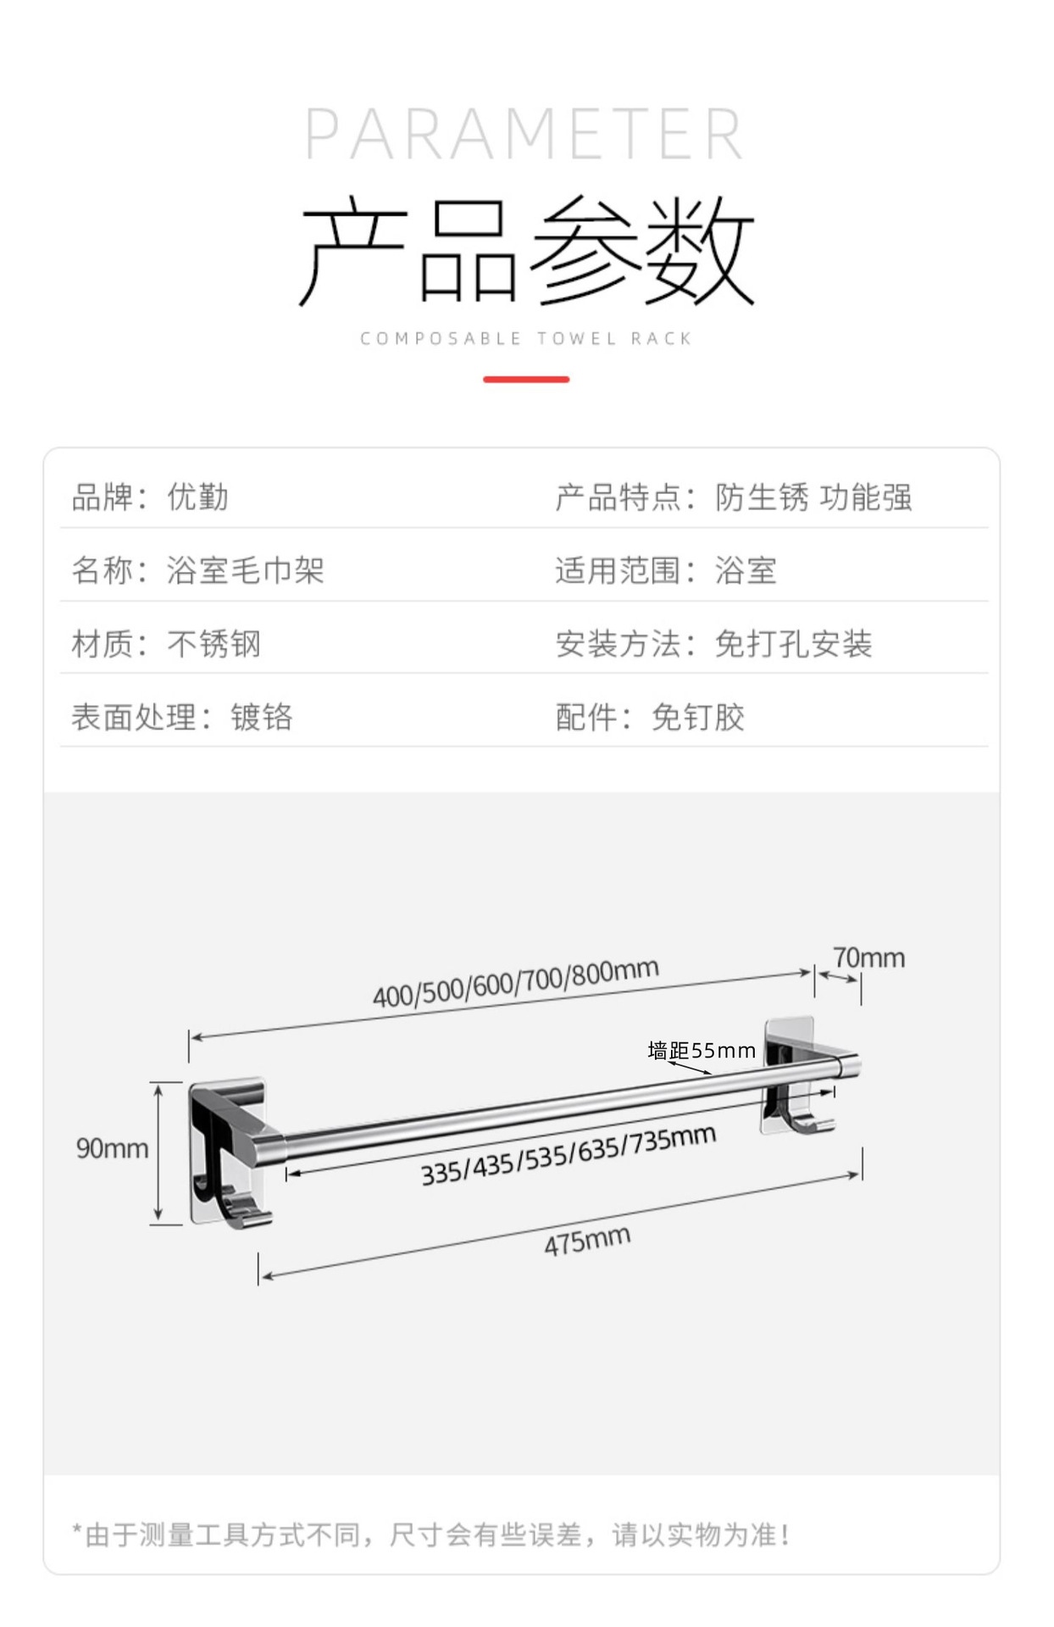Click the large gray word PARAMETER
(x=524, y=134)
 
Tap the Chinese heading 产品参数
(x=526, y=250)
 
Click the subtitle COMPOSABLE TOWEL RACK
(x=526, y=339)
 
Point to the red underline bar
(x=526, y=380)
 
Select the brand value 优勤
(x=198, y=497)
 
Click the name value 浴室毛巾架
(x=246, y=570)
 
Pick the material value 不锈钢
(x=214, y=644)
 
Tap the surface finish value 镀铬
(x=262, y=718)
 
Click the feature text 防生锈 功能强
(x=813, y=497)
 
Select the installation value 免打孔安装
(x=793, y=644)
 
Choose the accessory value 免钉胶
(x=698, y=718)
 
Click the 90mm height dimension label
(x=112, y=1149)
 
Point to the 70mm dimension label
(x=868, y=958)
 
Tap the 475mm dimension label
(x=587, y=1241)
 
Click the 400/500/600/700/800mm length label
(x=516, y=984)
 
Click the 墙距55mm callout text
(x=702, y=1052)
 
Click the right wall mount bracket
(x=792, y=1076)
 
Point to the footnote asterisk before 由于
(x=77, y=1530)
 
